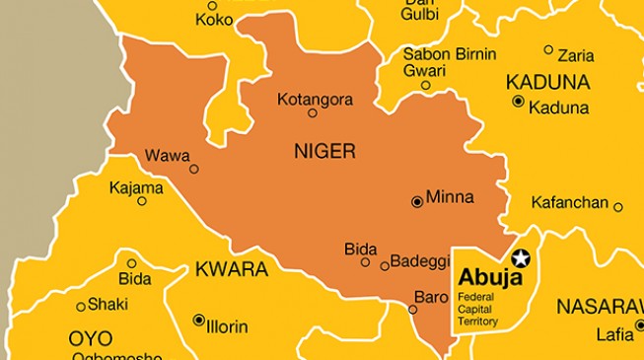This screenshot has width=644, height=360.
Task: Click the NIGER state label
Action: [x=324, y=151]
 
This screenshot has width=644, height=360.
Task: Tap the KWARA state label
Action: [x=231, y=269]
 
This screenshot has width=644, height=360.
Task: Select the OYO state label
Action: [x=90, y=338]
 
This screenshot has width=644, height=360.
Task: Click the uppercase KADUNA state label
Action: [x=547, y=82]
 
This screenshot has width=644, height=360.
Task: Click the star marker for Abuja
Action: [x=522, y=259]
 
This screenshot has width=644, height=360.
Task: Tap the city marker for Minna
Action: [x=417, y=201]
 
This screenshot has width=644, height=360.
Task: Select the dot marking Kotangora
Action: [x=313, y=112]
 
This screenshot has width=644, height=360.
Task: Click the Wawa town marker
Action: [x=194, y=169]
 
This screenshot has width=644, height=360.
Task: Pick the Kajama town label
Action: [x=136, y=187]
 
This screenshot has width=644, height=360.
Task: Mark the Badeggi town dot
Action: [x=385, y=265]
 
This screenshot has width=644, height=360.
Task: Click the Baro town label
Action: [x=430, y=296]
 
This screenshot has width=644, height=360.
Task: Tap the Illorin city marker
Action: [x=198, y=320]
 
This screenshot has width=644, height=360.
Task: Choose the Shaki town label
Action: [x=107, y=305]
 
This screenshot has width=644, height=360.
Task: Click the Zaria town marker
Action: [x=548, y=49]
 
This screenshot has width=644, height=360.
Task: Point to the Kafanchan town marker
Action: [x=618, y=207]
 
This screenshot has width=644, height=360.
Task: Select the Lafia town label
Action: [x=614, y=334]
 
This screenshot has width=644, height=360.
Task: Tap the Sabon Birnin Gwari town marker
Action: [x=426, y=86]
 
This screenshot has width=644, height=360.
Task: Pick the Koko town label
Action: [x=213, y=19]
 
